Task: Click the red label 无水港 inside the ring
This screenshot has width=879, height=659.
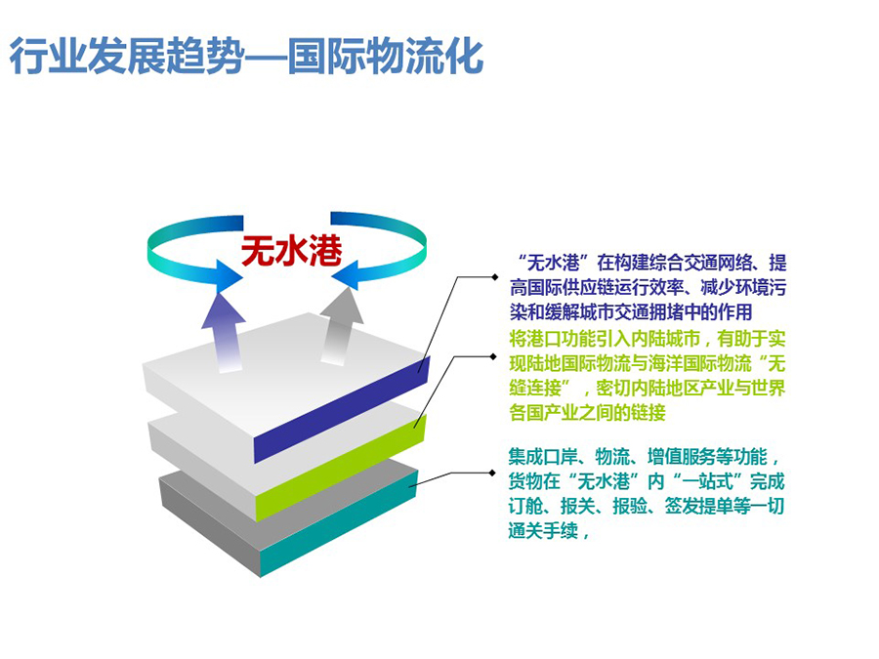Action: pyautogui.click(x=291, y=250)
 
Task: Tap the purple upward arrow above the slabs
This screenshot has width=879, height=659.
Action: pyautogui.click(x=225, y=332)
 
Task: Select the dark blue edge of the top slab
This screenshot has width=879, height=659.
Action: pyautogui.click(x=342, y=409)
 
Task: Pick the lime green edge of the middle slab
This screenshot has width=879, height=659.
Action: pyautogui.click(x=341, y=469)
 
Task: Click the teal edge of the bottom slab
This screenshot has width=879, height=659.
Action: pyautogui.click(x=340, y=523)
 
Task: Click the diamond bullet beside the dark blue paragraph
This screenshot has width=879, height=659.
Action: pyautogui.click(x=494, y=277)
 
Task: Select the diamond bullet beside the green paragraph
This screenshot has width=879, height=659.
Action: pyautogui.click(x=493, y=356)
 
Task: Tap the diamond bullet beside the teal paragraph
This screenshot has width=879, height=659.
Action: pyautogui.click(x=493, y=473)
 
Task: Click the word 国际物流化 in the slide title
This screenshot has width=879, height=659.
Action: pyautogui.click(x=386, y=56)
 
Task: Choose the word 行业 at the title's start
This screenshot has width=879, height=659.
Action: pyautogui.click(x=48, y=56)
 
